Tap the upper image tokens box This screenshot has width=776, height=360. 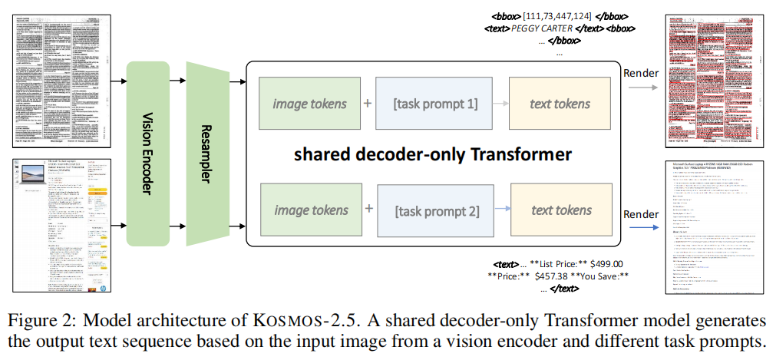click(x=310, y=104)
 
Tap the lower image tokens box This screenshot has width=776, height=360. click(x=310, y=210)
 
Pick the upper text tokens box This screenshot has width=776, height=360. click(x=560, y=104)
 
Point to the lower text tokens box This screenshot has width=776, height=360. click(x=560, y=210)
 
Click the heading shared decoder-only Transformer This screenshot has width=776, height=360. click(x=433, y=154)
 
